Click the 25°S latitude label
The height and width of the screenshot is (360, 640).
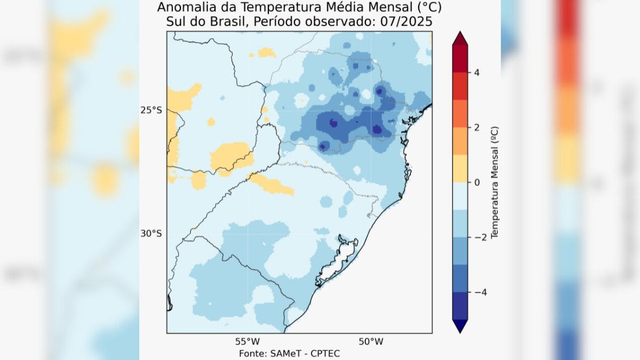151,110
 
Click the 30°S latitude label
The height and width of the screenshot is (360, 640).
151,234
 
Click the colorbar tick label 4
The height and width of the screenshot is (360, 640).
476,72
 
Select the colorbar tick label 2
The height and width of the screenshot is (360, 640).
476,127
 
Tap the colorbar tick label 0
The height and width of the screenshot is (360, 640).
476,182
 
